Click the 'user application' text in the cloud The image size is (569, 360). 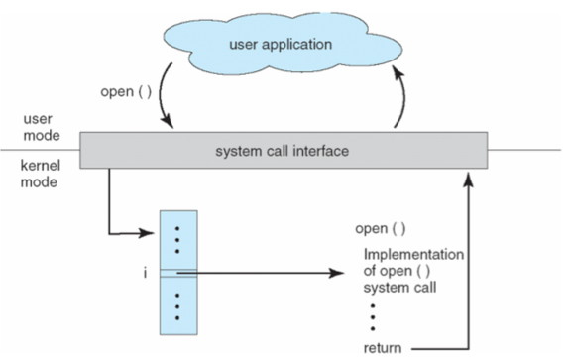click(281, 45)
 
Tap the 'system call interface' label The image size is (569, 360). click(282, 151)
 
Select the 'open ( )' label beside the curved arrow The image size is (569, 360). click(126, 91)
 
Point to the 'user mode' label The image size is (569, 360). click(42, 127)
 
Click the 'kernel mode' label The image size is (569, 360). click(41, 174)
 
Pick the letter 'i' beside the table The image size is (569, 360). click(145, 272)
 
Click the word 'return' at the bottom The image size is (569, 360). click(383, 348)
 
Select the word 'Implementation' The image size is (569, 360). click(413, 255)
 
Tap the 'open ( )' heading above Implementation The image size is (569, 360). click(381, 229)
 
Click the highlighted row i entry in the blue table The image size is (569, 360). click(178, 273)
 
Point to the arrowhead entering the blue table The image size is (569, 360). click(148, 233)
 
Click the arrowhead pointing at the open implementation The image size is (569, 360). click(336, 273)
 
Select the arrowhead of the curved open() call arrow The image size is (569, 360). click(168, 122)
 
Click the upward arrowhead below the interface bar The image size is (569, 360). click(469, 180)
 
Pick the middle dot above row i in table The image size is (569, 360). click(177, 240)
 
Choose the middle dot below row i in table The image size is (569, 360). click(177, 307)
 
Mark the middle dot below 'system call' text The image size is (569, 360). click(373, 317)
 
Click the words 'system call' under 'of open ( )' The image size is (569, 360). click(399, 288)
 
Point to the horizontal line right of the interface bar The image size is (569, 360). click(524, 150)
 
